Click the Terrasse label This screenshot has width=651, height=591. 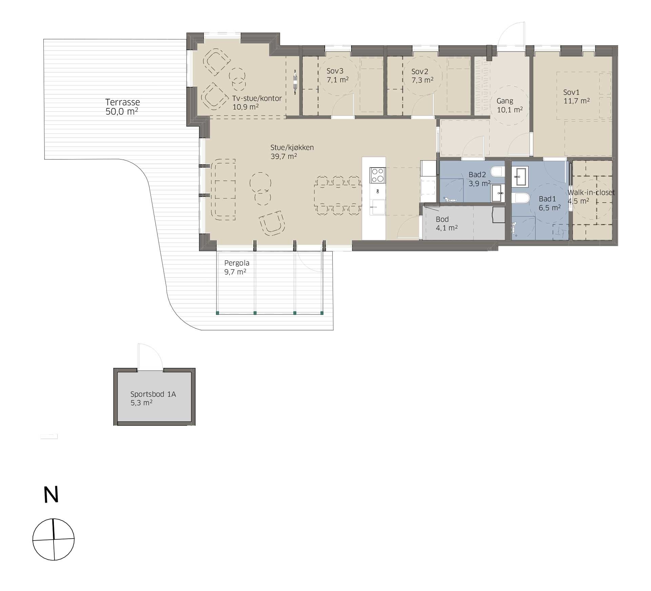tap(122, 102)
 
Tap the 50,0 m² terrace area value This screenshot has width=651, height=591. tap(122, 111)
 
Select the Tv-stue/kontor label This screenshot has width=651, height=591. tap(257, 98)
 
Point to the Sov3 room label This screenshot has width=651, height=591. tap(335, 71)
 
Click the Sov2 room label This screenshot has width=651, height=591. tap(420, 72)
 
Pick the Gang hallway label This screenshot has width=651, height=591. tap(505, 101)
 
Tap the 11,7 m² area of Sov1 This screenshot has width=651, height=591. tap(576, 101)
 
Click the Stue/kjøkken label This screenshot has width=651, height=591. tap(292, 148)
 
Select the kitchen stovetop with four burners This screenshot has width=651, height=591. tap(377, 175)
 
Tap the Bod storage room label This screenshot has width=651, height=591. tap(442, 219)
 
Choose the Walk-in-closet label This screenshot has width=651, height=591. tap(591, 192)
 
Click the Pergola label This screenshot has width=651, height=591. tap(237, 263)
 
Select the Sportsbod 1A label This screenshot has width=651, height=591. tap(153, 394)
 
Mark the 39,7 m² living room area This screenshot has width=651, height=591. tap(284, 156)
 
